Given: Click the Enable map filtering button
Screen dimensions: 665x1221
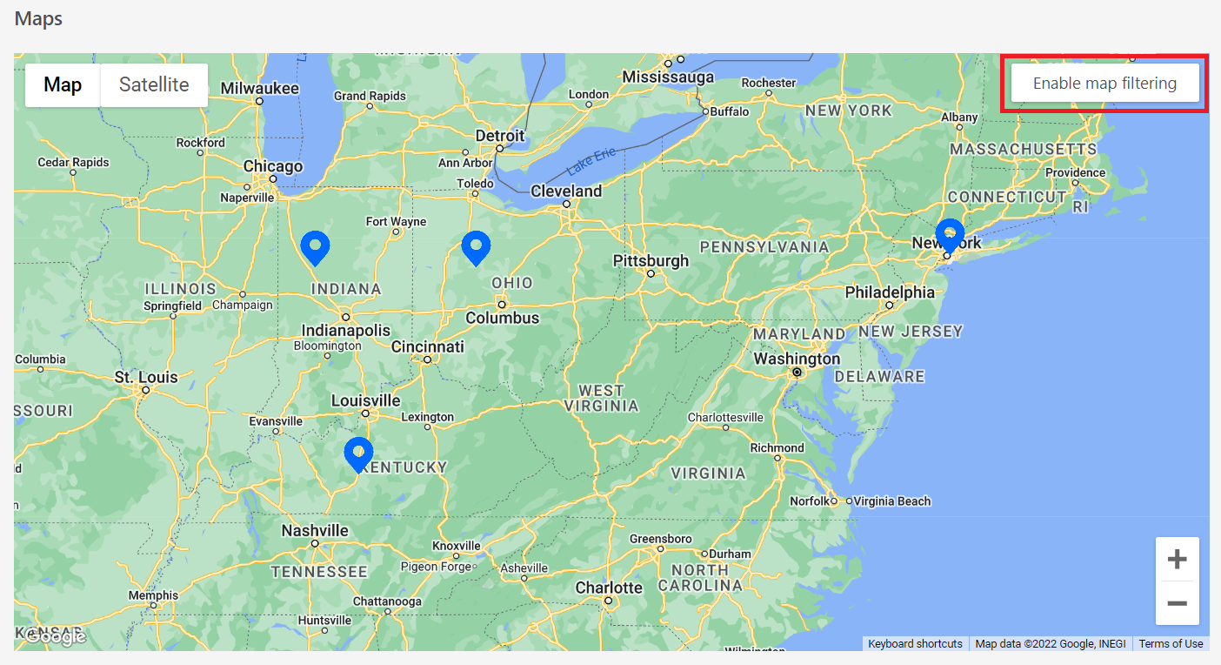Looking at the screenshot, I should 1104,84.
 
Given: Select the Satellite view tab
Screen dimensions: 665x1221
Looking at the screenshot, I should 154,84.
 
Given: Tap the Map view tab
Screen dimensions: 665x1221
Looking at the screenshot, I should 63,84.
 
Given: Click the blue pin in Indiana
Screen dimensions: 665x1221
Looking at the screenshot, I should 315,246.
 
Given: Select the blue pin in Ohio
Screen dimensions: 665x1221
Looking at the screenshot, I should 476,246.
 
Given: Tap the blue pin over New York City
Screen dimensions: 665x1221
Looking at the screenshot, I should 950,233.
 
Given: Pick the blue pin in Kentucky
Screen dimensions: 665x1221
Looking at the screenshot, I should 358,453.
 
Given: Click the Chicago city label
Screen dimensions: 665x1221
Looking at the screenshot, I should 273,166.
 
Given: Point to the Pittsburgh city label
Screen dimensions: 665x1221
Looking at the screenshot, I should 651,260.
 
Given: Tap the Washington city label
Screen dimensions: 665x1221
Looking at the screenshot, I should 797,359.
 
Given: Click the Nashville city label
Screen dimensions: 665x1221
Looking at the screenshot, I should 315,530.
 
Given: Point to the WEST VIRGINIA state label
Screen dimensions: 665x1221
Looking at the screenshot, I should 601,398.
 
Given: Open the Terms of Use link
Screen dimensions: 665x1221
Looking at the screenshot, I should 1171,644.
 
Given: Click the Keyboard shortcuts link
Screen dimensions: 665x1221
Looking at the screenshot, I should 915,644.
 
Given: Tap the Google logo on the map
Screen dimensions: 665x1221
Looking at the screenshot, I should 55,637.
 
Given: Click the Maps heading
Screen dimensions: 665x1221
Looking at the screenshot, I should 38,18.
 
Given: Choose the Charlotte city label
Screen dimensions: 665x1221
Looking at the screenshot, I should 609,588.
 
